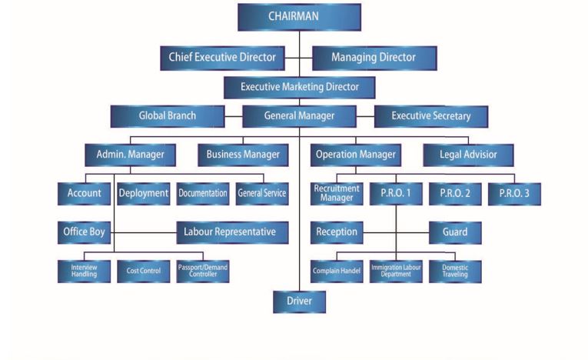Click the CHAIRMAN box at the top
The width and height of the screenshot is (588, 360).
point(299,16)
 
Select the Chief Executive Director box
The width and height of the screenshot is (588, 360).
point(222,58)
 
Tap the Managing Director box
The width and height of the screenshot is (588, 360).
point(374,58)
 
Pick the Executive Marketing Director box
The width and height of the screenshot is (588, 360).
point(299,87)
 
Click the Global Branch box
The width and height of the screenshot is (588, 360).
point(167,116)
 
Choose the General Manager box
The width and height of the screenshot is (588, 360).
point(299,116)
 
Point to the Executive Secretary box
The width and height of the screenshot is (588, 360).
point(430,116)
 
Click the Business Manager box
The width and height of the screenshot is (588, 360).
point(242,155)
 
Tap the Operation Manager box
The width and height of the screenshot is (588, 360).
point(356,155)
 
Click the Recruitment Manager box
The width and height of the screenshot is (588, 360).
point(336,193)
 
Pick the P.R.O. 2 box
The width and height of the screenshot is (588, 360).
point(455,194)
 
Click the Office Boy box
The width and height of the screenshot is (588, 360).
point(85,232)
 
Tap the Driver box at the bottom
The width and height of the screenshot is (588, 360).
point(299,301)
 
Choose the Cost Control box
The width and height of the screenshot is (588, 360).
point(144,271)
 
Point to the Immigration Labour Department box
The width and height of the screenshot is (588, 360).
point(396,271)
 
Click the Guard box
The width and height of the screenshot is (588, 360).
point(454,232)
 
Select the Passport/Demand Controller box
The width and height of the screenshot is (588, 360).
point(203,271)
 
